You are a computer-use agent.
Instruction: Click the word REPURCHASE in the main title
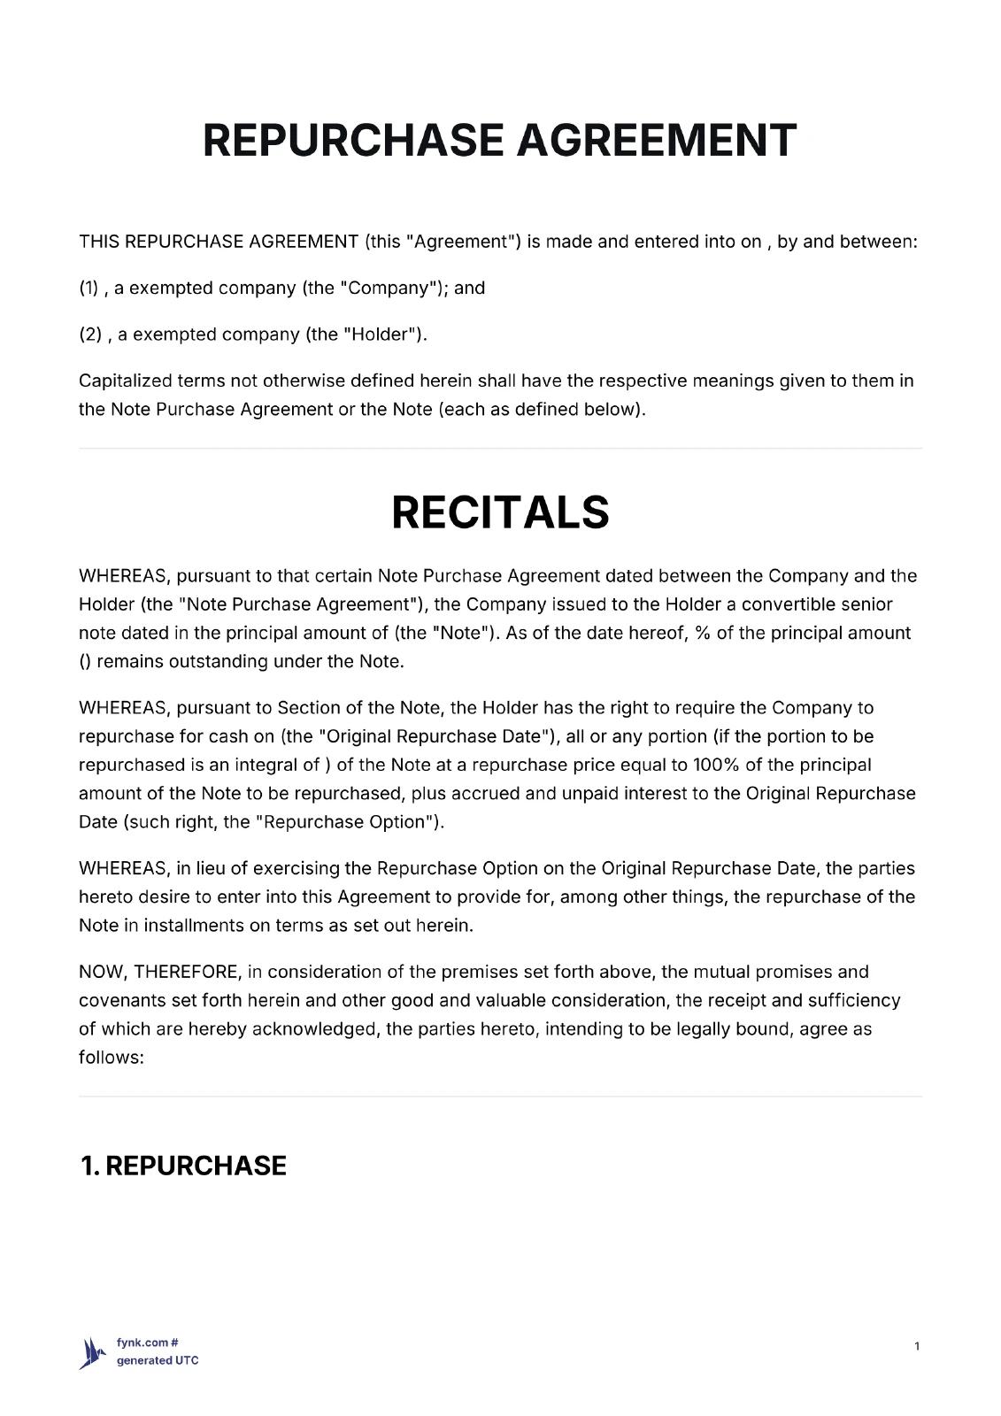click(353, 141)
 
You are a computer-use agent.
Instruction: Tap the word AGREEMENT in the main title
click(656, 141)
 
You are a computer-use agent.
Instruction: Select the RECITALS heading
click(500, 512)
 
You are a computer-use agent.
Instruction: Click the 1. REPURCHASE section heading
click(183, 1166)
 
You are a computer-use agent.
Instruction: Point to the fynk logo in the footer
click(93, 1352)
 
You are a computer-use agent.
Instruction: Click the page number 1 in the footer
click(917, 1346)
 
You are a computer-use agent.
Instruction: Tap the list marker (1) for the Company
click(89, 288)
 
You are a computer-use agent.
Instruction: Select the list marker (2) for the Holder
click(90, 335)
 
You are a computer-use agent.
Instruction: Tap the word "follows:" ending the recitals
click(112, 1057)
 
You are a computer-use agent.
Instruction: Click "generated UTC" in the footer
click(158, 1360)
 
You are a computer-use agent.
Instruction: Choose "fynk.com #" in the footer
click(148, 1343)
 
